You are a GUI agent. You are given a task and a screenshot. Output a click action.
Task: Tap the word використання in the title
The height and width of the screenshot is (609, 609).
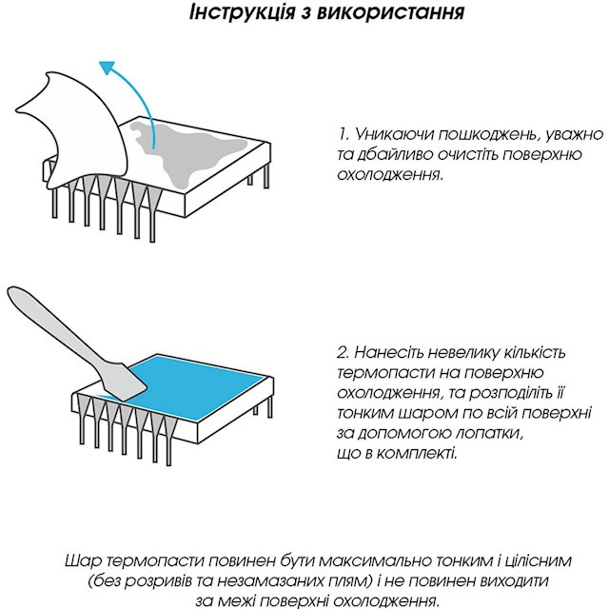click(x=391, y=13)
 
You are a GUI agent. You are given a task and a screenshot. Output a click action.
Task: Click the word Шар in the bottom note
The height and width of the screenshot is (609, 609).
click(x=88, y=560)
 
